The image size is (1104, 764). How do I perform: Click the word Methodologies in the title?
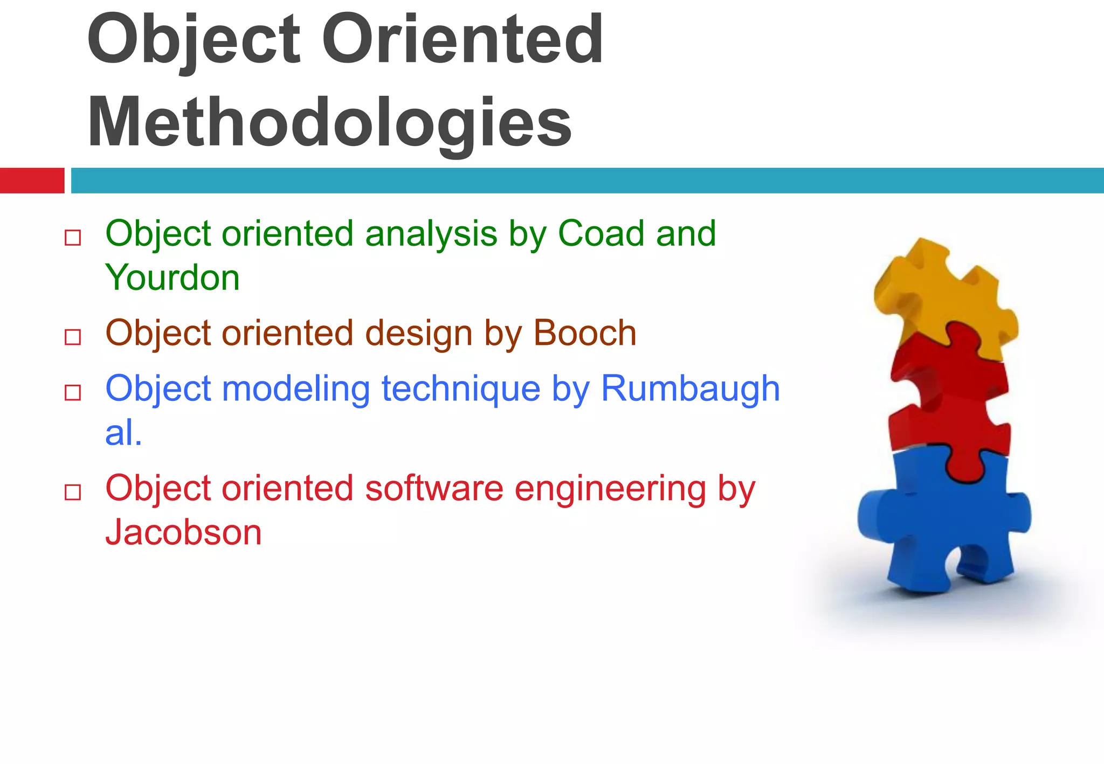[329, 123]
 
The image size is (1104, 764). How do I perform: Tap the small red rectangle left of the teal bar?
[32, 180]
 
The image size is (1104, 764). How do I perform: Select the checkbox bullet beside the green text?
[73, 238]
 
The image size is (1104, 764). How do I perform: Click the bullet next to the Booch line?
[73, 337]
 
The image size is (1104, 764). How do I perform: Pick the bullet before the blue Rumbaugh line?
[73, 393]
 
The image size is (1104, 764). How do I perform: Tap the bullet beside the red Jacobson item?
[73, 492]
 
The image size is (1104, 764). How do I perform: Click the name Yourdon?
[172, 278]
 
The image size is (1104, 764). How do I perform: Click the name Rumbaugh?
[690, 389]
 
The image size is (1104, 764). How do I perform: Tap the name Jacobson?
[183, 532]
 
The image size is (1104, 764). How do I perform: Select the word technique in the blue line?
[461, 389]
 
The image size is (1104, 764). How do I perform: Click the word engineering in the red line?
[610, 488]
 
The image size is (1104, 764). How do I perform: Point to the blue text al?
[123, 433]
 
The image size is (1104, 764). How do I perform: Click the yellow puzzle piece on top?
[943, 296]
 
